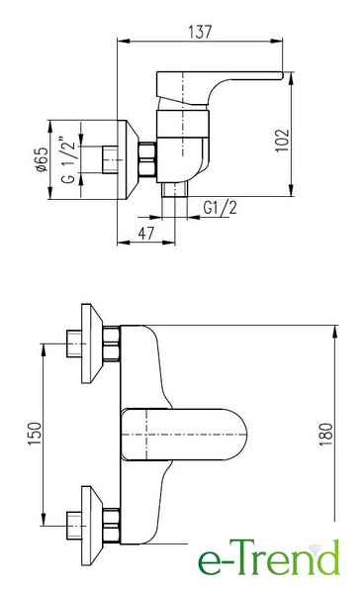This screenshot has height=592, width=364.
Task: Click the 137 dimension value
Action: pos(200,32)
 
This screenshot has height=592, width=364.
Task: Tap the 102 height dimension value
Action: pos(282,141)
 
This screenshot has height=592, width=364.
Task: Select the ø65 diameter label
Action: pos(42,159)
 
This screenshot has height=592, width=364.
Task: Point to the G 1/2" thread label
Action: pos(68,160)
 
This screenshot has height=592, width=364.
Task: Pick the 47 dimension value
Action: pos(146,234)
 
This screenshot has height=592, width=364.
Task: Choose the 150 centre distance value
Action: pos(35,434)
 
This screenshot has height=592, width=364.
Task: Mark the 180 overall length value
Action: pos(325,435)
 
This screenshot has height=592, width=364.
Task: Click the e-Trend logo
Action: pos(269,557)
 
